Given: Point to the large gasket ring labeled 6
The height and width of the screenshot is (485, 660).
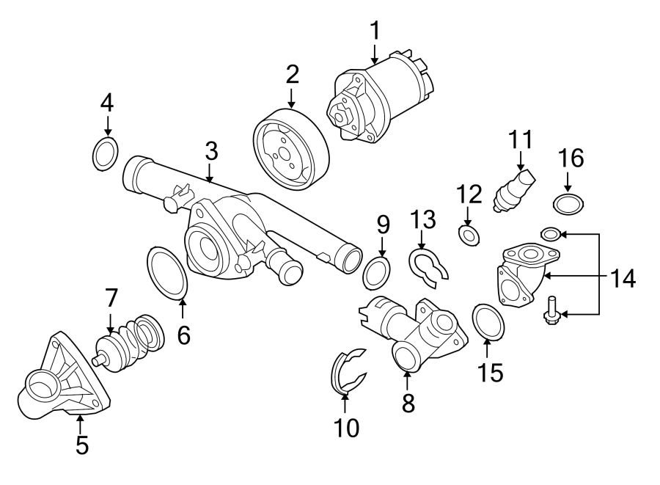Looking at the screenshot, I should pos(168,274).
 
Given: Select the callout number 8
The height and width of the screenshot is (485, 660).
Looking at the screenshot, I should pos(408,402).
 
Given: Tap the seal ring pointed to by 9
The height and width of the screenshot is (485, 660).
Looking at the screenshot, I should pos(377,273).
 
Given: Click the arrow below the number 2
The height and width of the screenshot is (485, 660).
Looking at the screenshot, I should pos(292,97).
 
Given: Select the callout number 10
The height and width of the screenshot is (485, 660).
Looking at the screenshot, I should pos(346,428).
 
